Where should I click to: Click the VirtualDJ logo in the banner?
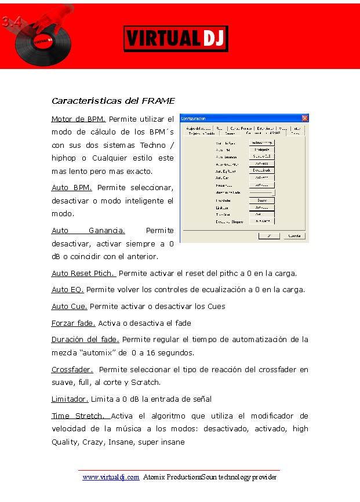coord(176,39)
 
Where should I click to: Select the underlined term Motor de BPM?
coord(78,119)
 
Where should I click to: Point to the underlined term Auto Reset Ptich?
coord(83,273)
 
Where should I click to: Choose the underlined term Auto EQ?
coord(67,289)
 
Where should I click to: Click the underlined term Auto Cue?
coord(69,306)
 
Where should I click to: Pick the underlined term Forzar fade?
coord(73,323)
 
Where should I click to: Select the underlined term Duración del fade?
coord(85,339)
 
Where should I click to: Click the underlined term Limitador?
coord(70,399)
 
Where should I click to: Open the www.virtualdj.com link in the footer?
coord(111,477)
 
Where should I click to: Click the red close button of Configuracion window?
coord(305,118)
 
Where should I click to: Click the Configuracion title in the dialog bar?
coord(194,118)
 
